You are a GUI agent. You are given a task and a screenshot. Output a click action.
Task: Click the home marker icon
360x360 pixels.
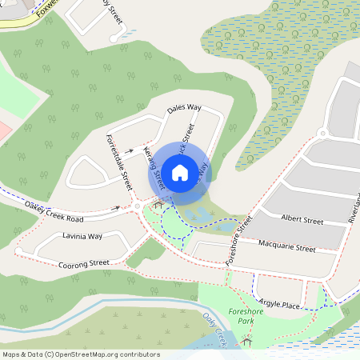[180, 172]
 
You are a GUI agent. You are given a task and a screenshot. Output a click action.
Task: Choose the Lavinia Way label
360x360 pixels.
[83, 237]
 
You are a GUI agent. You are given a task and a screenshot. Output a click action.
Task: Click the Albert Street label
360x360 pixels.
[302, 219]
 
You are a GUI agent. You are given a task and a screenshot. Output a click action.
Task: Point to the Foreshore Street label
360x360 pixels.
[238, 240]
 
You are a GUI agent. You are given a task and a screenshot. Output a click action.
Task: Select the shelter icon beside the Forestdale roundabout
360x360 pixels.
[158, 205]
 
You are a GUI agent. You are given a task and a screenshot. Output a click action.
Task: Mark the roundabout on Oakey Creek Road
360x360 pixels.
[138, 207]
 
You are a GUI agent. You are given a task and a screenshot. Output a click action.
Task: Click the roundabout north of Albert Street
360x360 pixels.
[322, 134]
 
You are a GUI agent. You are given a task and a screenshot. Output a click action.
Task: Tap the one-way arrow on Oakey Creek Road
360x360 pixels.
[117, 208]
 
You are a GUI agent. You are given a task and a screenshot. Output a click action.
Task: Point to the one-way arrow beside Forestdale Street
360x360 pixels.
[129, 150]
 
